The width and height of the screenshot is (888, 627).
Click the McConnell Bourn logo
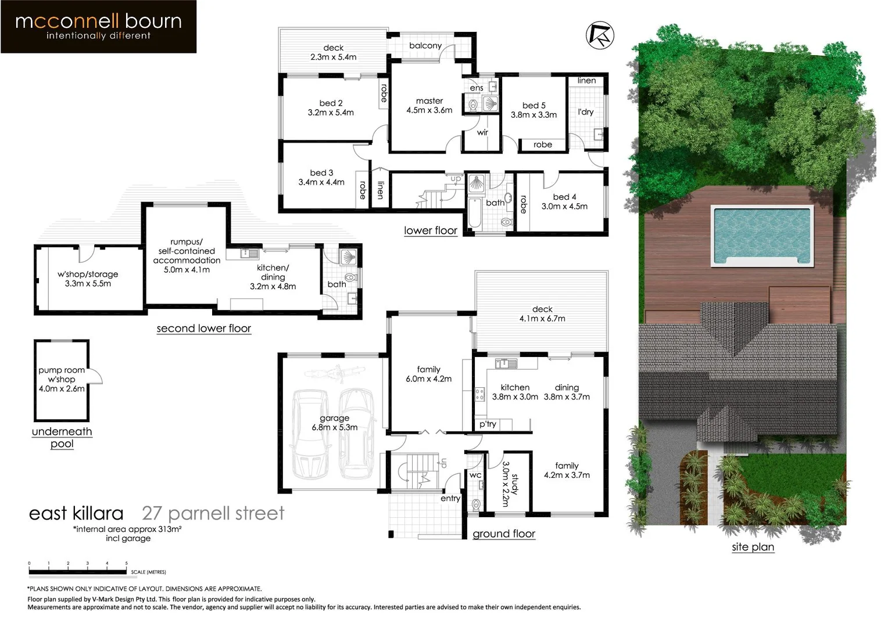point(98,27)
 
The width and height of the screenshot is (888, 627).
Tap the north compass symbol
point(600,35)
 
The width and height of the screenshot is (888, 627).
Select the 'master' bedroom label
point(429,101)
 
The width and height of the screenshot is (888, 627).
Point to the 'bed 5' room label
point(533,106)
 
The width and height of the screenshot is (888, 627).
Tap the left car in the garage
point(310,433)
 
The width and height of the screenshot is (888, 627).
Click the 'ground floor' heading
point(504,534)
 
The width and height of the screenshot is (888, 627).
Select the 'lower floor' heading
point(431,230)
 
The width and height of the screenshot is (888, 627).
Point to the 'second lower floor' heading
point(204,329)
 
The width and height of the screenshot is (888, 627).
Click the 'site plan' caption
point(753,547)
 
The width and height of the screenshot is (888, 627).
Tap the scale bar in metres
point(78,571)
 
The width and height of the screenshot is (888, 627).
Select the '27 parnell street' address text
point(213,513)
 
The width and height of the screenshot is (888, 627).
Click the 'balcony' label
point(425,45)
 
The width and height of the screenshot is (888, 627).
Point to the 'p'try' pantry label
point(488,424)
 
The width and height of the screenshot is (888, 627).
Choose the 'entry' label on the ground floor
point(450,498)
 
